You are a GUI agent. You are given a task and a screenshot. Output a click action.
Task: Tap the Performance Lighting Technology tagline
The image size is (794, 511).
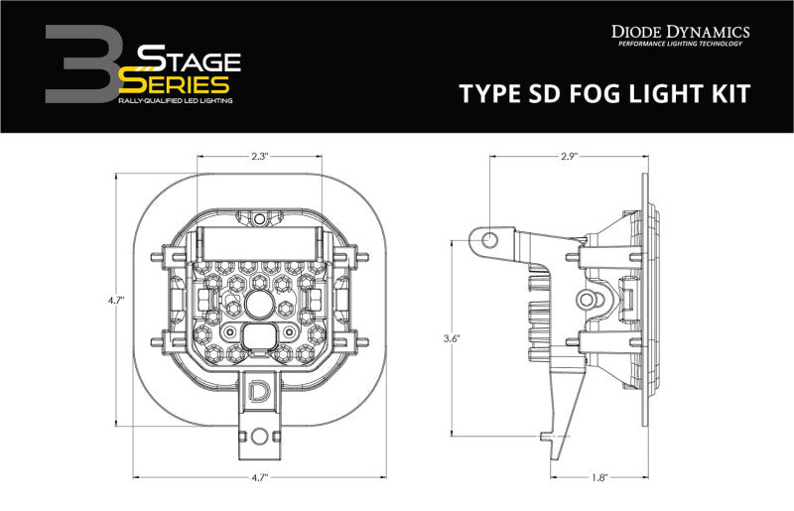683,46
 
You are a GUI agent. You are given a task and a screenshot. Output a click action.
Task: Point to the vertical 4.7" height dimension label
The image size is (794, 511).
118,299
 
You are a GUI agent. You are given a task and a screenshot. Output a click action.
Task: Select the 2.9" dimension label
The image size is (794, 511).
568,156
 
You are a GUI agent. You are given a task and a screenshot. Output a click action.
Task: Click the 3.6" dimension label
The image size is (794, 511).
454,337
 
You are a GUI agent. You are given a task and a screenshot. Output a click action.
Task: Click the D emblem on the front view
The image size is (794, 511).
259,389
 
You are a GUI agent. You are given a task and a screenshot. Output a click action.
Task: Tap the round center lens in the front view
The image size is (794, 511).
259,305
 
